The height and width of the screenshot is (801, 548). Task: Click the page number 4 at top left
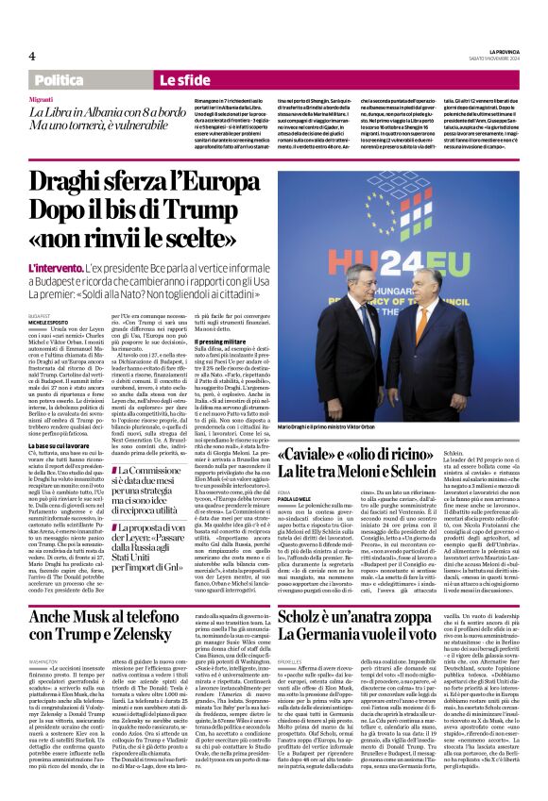tap(32, 57)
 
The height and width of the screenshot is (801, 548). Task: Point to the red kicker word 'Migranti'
tap(41, 98)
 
